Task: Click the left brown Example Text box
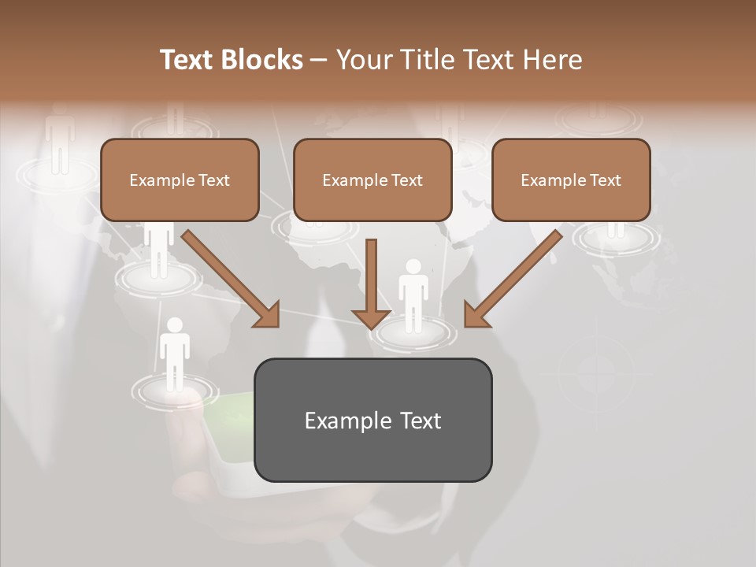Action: [x=180, y=180]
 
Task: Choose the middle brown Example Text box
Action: [x=372, y=180]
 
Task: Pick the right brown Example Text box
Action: [x=571, y=180]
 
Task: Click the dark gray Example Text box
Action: [x=372, y=420]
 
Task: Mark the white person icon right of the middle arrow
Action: [x=413, y=292]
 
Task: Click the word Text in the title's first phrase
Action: [x=190, y=60]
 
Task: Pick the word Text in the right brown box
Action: [x=605, y=180]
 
